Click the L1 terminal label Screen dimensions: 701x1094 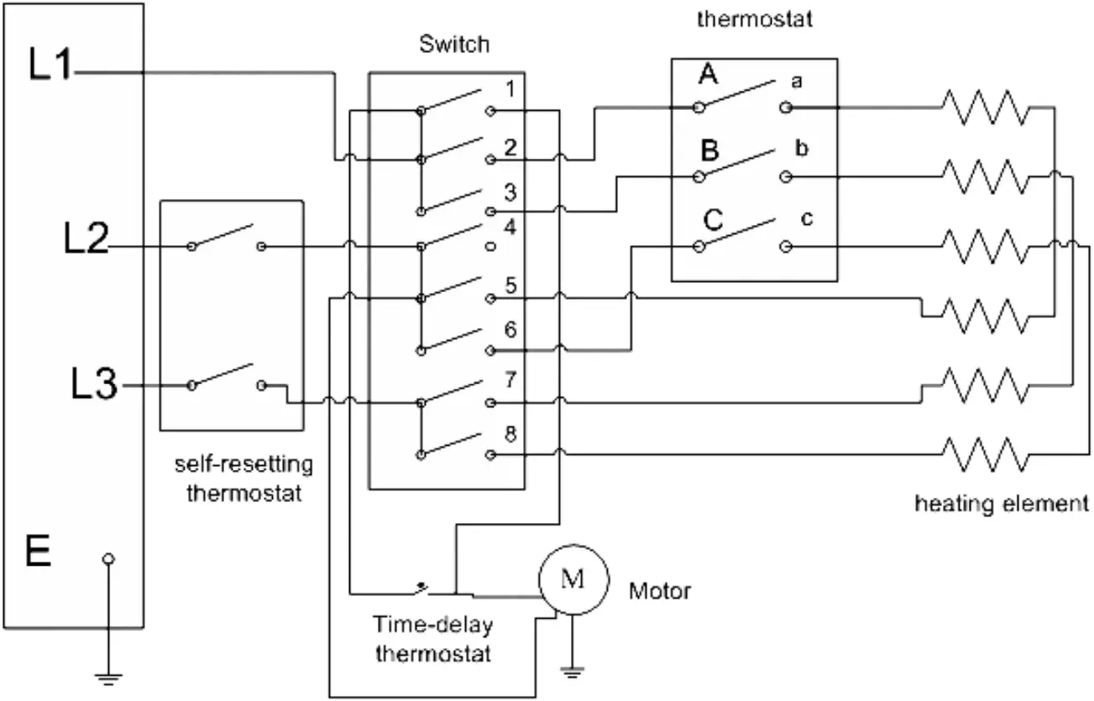click(51, 67)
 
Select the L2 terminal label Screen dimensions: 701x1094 click(86, 241)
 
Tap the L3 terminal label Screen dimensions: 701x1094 click(94, 386)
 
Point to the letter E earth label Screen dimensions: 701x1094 click(39, 554)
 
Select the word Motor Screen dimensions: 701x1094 click(660, 591)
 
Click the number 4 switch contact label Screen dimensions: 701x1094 click(510, 227)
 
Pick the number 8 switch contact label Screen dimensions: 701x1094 click(510, 436)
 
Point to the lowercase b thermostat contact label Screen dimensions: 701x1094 click(801, 150)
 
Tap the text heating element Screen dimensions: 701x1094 click(1001, 505)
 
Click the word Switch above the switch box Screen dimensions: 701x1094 click(453, 44)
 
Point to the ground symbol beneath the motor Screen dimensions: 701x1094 click(571, 671)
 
